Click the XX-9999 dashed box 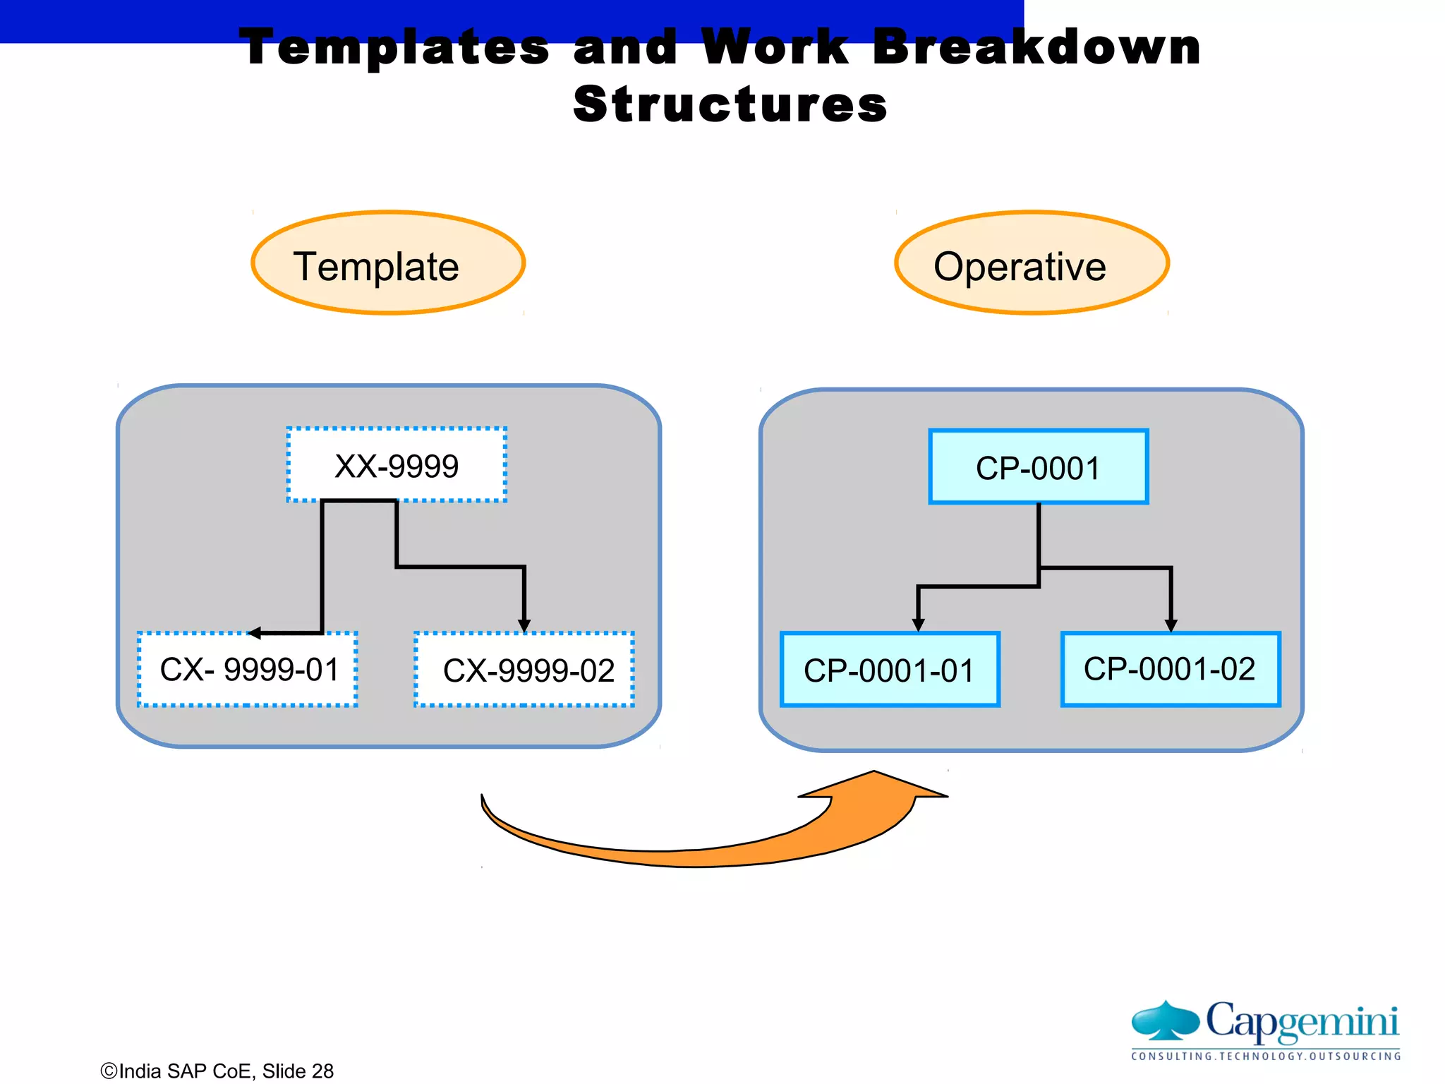click(x=397, y=465)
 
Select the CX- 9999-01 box click(x=248, y=669)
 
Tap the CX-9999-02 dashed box click(x=524, y=670)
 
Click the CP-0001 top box click(x=1038, y=467)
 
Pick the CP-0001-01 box click(x=890, y=670)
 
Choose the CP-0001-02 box click(x=1170, y=669)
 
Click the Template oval click(x=388, y=263)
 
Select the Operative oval click(x=1032, y=263)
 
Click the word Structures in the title click(x=730, y=104)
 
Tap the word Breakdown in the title click(x=1036, y=47)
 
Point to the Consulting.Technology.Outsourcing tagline click(x=1266, y=1056)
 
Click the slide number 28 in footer click(x=322, y=1071)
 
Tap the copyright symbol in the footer click(x=109, y=1071)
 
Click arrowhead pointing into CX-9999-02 click(x=524, y=626)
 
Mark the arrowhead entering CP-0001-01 click(x=918, y=625)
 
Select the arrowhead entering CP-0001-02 click(x=1171, y=625)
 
